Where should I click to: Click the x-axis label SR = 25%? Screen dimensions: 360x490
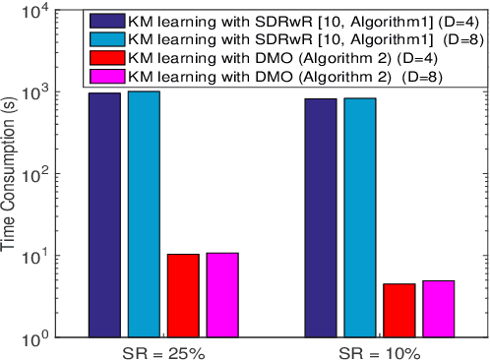163,351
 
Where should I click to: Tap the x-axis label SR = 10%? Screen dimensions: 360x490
379,351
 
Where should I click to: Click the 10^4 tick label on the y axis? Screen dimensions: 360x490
39,11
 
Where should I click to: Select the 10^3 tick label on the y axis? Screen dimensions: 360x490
39,92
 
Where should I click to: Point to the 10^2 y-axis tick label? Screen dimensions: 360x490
39,174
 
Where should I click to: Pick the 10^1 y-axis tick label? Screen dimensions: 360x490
39,256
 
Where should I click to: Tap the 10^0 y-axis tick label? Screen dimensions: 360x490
39,337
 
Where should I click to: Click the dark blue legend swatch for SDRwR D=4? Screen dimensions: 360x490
105,20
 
